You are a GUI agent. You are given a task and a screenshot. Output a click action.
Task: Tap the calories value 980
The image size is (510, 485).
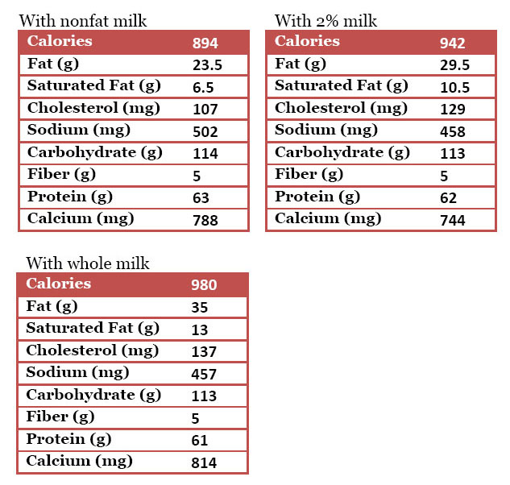tap(204, 285)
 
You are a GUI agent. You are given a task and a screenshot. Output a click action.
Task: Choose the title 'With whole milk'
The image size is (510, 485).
tap(88, 263)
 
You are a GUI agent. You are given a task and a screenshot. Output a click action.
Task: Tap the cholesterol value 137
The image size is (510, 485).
tap(204, 352)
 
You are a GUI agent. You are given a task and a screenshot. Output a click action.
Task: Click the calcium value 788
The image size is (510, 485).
tap(204, 220)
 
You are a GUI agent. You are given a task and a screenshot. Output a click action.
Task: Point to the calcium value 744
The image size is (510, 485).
tap(452, 220)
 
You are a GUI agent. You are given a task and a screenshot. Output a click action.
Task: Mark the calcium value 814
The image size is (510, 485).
tap(204, 463)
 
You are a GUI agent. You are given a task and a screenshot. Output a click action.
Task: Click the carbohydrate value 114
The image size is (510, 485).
tap(204, 154)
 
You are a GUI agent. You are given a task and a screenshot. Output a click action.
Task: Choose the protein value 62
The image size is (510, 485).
tap(448, 198)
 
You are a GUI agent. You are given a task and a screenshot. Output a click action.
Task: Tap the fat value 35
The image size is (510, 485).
tap(200, 308)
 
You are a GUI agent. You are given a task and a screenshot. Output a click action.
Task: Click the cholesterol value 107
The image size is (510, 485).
tap(204, 110)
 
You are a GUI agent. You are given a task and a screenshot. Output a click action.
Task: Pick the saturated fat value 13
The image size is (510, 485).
tap(199, 330)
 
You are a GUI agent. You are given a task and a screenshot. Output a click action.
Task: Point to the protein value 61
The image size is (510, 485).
tap(199, 441)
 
